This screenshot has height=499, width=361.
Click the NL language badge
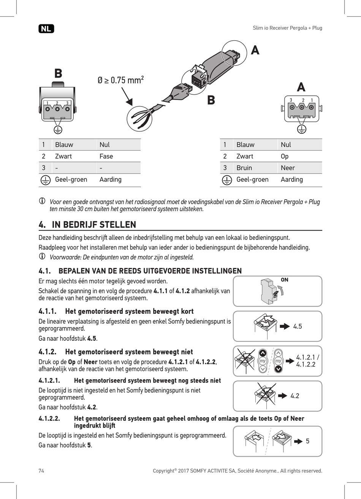coord(46,29)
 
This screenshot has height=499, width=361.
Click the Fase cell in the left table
coord(106,156)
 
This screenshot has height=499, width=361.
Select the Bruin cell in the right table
coord(244,168)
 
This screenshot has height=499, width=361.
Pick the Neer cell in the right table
coord(288,168)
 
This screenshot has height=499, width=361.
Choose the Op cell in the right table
coord(285,156)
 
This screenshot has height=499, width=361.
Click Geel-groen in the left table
coord(71,180)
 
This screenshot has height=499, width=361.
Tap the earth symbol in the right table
coord(226,180)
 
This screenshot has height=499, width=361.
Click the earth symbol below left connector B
coord(57,130)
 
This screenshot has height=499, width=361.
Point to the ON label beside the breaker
coord(284,280)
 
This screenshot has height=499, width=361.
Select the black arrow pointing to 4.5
coord(285,326)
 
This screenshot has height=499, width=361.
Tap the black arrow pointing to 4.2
coord(282,396)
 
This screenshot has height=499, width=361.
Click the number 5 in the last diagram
coord(307,441)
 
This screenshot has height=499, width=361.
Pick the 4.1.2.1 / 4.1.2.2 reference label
coord(307,361)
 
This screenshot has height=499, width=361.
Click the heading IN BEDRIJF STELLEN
coord(94,225)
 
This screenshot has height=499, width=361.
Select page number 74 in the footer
coord(41,471)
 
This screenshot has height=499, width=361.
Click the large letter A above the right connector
coord(301,87)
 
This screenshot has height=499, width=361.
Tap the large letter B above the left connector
coord(58,73)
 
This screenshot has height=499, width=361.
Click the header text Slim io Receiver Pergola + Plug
coord(287,28)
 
